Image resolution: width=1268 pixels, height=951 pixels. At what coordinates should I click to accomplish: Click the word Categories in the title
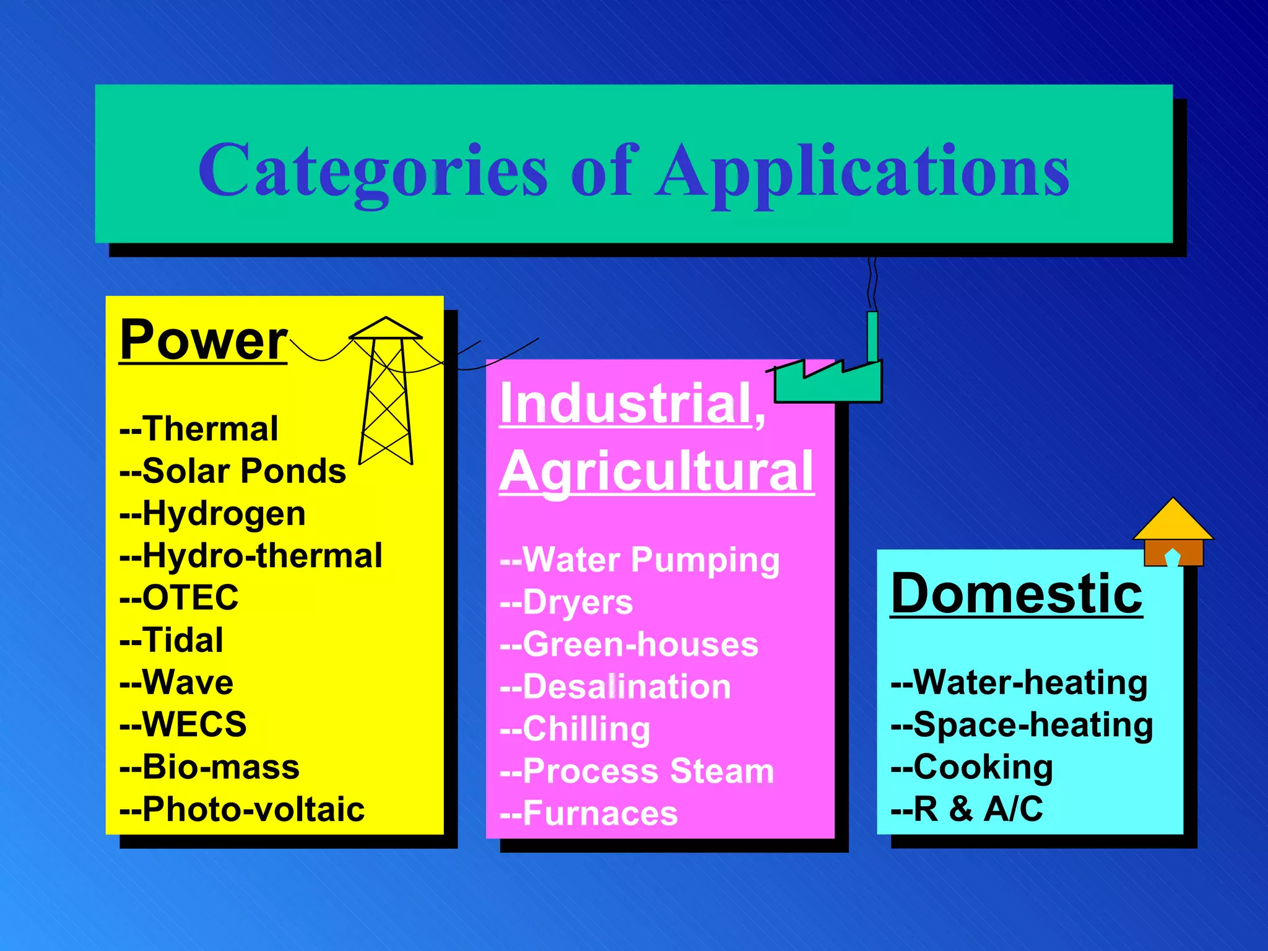(372, 170)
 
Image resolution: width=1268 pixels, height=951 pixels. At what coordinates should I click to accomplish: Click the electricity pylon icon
(386, 396)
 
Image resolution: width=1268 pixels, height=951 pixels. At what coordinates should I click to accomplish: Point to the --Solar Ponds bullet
(232, 471)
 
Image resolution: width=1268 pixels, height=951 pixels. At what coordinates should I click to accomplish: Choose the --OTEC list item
(179, 598)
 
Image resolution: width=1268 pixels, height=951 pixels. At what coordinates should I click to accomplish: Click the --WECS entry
(183, 724)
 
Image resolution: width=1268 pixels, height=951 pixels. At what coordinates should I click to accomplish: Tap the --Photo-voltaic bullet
(241, 809)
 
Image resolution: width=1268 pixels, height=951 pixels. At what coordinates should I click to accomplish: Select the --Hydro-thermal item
(251, 556)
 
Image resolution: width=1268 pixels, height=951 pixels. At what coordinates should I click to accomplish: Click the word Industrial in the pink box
(625, 404)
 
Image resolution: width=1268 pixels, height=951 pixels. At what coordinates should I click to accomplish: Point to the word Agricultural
(656, 472)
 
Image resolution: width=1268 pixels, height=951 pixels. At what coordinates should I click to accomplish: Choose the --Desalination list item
(615, 687)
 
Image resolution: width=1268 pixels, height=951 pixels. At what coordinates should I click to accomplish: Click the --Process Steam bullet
(637, 771)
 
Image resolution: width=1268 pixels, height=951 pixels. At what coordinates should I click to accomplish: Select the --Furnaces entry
(589, 814)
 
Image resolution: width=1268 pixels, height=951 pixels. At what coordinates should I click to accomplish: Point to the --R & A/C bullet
(966, 809)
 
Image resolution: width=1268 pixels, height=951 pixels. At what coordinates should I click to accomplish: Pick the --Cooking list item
(971, 767)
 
